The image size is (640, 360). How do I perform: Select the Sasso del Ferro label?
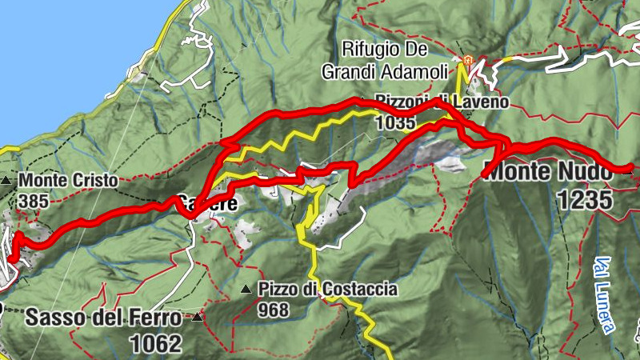(103, 317)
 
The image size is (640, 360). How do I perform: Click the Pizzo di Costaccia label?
(328, 289)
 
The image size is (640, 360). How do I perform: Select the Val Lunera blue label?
(606, 294)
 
